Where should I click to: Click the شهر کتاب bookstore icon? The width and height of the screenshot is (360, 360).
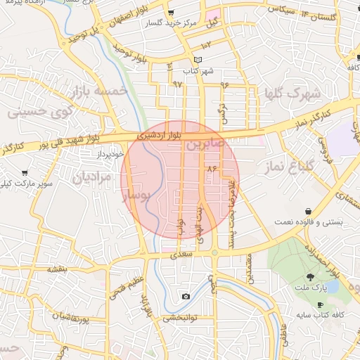coord(198,60)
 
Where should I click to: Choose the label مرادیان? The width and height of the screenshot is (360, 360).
coord(91,178)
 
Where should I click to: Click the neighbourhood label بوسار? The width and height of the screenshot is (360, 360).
coord(138,198)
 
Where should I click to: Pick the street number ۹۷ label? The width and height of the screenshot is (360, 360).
coord(176,83)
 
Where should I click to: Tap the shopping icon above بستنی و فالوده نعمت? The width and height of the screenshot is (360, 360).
coord(309,211)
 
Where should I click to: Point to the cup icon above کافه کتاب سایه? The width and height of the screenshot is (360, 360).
coord(321,304)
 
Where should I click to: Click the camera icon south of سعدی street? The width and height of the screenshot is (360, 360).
coord(185,296)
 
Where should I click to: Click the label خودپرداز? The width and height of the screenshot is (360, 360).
coord(109,153)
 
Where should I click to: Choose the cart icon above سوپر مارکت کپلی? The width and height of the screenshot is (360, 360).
coord(25,172)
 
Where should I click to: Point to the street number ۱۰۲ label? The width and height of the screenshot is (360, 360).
coord(207,44)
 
